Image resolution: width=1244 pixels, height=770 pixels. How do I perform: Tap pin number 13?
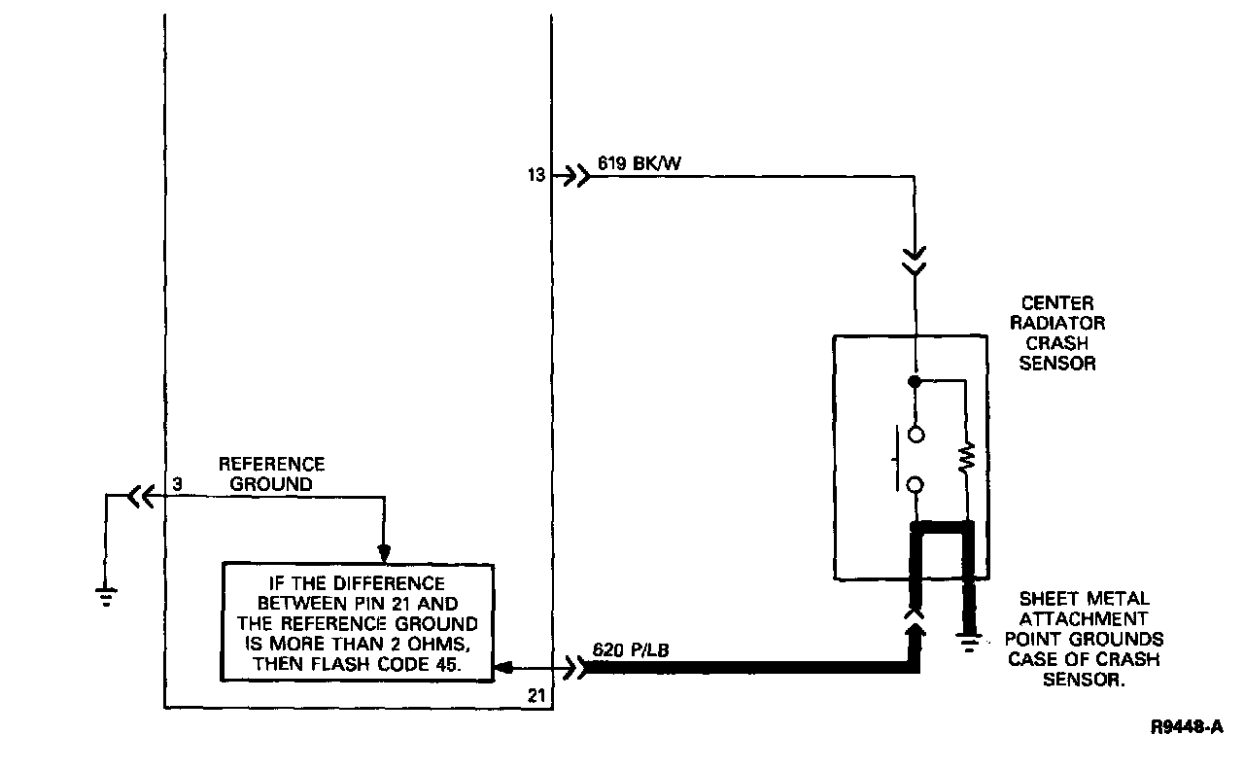(537, 177)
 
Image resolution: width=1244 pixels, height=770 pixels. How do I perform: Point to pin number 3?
(177, 483)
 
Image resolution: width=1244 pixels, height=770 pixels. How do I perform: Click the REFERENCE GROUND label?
(271, 473)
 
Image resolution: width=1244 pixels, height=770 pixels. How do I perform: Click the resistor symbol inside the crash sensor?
(966, 457)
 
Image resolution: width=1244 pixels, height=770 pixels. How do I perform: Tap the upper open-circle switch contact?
(915, 435)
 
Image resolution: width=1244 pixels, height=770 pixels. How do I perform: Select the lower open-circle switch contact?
(915, 485)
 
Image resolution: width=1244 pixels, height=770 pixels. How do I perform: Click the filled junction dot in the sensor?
(915, 380)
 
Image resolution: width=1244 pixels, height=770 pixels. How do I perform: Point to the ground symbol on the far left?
(106, 594)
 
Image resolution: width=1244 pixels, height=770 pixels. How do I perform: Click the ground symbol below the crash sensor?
(968, 643)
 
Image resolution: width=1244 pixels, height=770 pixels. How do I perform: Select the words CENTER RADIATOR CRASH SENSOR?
(1058, 333)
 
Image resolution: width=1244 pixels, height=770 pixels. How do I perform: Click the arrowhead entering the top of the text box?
(385, 554)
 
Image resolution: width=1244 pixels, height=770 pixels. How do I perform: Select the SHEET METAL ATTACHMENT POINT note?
(1084, 640)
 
